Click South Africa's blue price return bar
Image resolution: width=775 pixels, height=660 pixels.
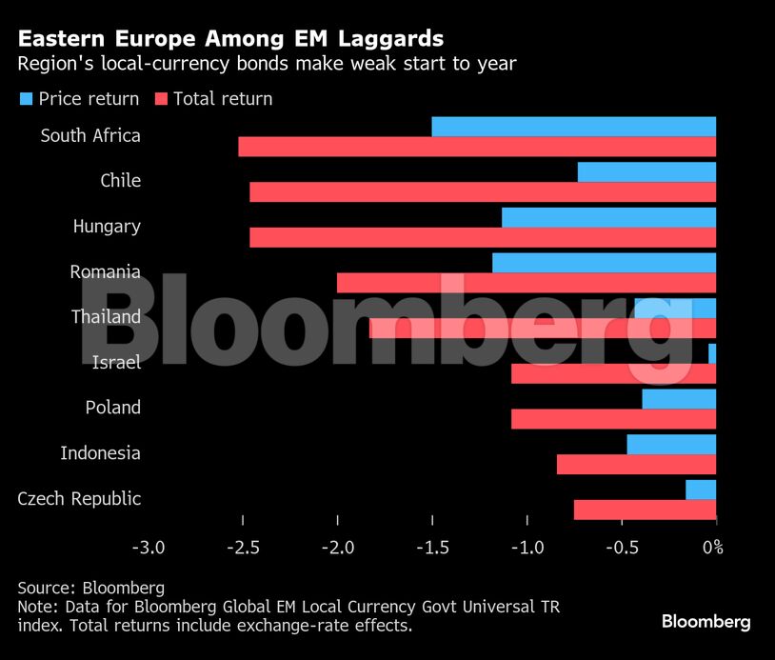tap(573, 127)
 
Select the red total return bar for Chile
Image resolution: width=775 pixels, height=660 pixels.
tap(483, 191)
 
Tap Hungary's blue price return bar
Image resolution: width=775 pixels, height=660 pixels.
tap(608, 217)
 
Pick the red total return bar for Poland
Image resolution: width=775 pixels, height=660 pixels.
tap(613, 418)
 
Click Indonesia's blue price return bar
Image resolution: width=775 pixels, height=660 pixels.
tap(671, 444)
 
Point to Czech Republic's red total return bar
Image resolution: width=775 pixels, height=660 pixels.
tap(645, 510)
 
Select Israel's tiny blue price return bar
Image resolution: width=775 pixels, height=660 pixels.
tap(712, 353)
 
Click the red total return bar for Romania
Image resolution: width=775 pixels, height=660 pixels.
tap(527, 283)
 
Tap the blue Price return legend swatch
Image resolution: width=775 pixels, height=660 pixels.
tap(26, 99)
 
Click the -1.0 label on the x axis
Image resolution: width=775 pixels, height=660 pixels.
tap(527, 548)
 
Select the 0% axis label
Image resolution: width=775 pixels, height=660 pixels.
tap(712, 548)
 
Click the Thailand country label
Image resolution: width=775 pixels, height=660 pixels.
tap(106, 316)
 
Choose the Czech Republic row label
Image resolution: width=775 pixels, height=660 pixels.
tap(79, 498)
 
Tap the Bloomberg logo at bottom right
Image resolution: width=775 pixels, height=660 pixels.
tap(705, 622)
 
